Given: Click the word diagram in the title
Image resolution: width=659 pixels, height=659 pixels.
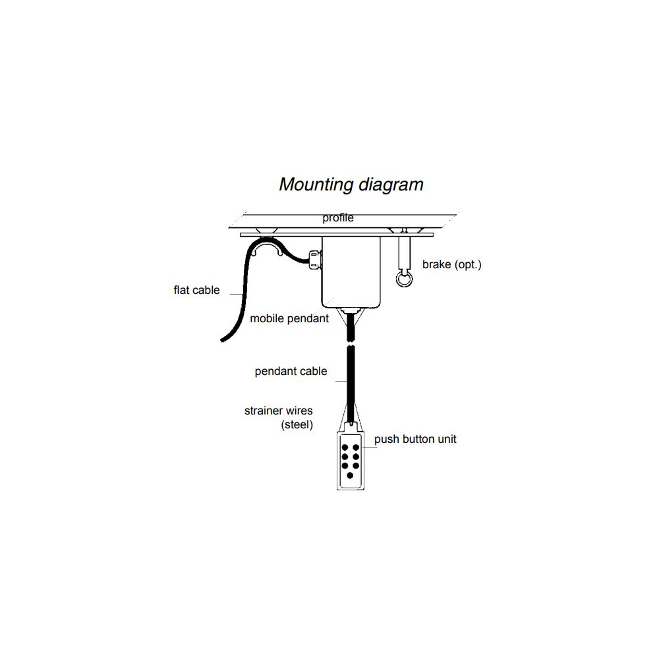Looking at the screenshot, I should tap(391, 185).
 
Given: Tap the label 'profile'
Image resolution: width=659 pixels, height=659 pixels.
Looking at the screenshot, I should tap(338, 218).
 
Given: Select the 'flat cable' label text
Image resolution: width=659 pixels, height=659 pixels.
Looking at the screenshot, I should tap(196, 290).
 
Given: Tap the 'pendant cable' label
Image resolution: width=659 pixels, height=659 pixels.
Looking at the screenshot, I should tap(291, 371).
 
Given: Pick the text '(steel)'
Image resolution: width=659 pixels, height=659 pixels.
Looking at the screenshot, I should tap(297, 425).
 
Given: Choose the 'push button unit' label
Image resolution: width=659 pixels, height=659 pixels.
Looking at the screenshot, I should tap(415, 439).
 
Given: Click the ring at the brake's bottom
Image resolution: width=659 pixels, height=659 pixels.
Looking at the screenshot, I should tap(403, 279).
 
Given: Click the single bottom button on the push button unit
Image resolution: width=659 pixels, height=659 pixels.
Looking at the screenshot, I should tap(350, 475).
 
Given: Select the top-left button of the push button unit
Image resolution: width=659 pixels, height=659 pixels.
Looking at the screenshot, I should tap(345, 447).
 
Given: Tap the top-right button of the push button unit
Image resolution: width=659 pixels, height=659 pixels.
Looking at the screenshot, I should tap(356, 447).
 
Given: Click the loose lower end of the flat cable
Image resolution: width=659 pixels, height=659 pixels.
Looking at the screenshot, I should tap(224, 338).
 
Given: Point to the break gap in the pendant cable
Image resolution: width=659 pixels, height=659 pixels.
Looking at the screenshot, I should tap(351, 344).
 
